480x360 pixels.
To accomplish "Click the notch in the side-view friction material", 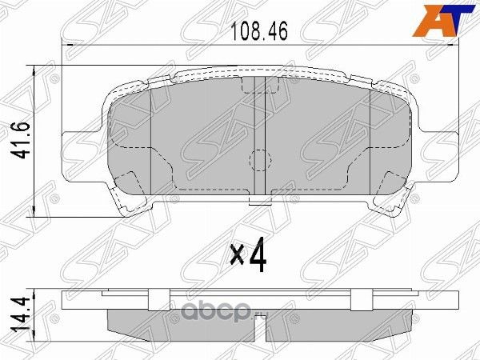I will [258, 323].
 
